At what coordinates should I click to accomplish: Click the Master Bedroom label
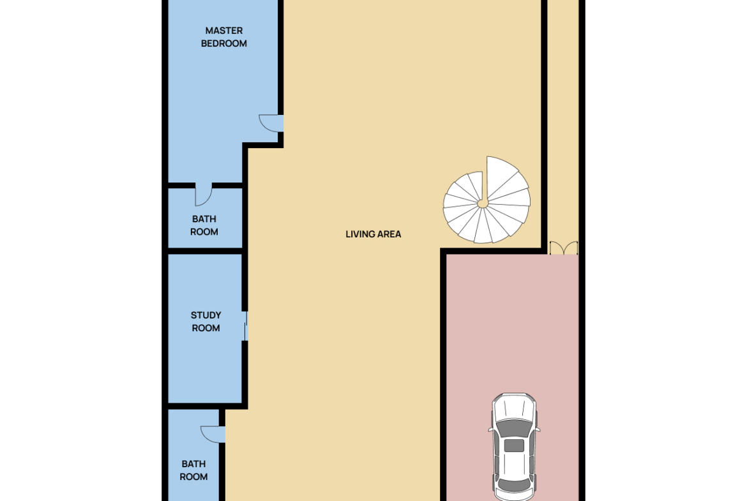click(224, 37)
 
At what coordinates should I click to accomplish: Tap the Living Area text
click(373, 234)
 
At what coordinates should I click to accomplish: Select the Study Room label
click(206, 322)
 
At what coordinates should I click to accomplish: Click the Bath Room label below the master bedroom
click(204, 225)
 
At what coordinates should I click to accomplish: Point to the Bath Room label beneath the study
click(193, 470)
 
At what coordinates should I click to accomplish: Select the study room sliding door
click(246, 326)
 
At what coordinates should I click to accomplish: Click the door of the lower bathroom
click(213, 435)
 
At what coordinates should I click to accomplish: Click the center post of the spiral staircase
click(483, 204)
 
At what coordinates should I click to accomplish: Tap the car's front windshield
click(513, 428)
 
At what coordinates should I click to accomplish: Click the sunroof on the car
click(513, 445)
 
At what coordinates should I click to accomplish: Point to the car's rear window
click(513, 486)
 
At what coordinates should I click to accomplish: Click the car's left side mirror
click(490, 430)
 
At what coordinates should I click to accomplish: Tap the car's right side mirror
click(538, 430)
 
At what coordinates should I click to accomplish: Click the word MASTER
click(224, 31)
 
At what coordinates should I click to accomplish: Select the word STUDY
click(206, 315)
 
